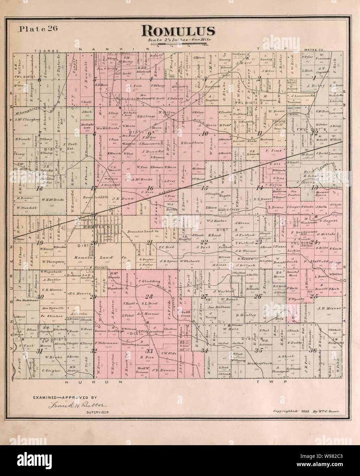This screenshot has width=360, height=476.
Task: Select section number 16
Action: [150, 188]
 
